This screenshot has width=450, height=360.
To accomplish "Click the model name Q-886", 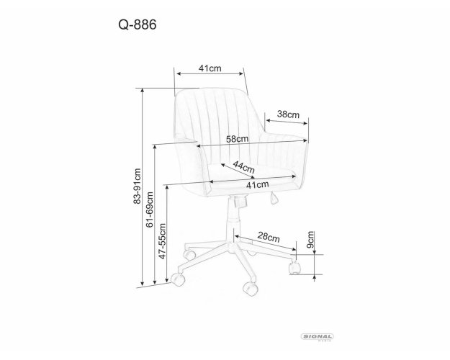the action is coord(138,24).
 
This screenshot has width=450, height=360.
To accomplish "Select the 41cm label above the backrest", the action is coord(210,68).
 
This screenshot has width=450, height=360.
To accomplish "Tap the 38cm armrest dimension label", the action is coord(288,114).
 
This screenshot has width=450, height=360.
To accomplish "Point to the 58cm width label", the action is coord(237,139).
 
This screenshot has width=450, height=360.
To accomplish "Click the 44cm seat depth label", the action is coord(243,167).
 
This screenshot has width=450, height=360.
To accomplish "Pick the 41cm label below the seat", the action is coord(258,185).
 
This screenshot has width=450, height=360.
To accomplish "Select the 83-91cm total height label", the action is coord(138,186).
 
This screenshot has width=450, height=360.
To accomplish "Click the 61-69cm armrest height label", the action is coord(149,210).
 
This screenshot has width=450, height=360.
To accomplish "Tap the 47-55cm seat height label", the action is coord(162,241).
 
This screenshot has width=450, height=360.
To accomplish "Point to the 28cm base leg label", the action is coord(269,237).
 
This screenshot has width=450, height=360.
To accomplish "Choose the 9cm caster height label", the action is coord(310,240).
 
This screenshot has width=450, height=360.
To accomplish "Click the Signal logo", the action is coord(317,337).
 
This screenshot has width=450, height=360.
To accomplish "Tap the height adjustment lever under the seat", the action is coord(274,198).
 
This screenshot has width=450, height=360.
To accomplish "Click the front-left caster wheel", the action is coord(177,279).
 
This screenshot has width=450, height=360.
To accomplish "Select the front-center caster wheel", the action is coord(250,288).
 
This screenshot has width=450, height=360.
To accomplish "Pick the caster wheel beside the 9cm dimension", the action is coord(294,268).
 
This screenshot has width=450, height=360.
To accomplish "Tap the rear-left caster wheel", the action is coord(189,255).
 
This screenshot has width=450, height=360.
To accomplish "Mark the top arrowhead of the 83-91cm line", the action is coord(142,91).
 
